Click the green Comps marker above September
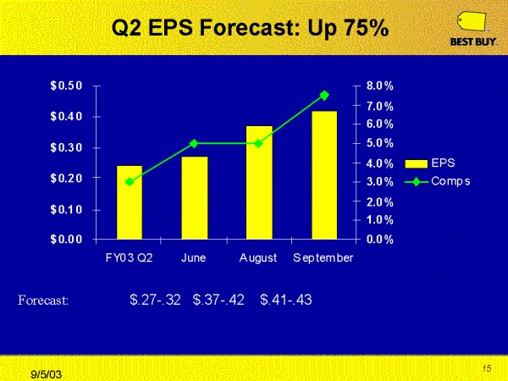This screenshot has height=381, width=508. [324, 96]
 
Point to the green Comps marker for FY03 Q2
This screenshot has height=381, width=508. [129, 181]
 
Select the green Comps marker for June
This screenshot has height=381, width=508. [194, 143]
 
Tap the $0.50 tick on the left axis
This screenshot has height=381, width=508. [66, 86]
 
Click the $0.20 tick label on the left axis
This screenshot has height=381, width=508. [66, 178]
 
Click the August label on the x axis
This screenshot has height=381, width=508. [258, 257]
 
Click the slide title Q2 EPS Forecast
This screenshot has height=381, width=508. [250, 29]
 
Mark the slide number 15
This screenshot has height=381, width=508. [487, 367]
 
